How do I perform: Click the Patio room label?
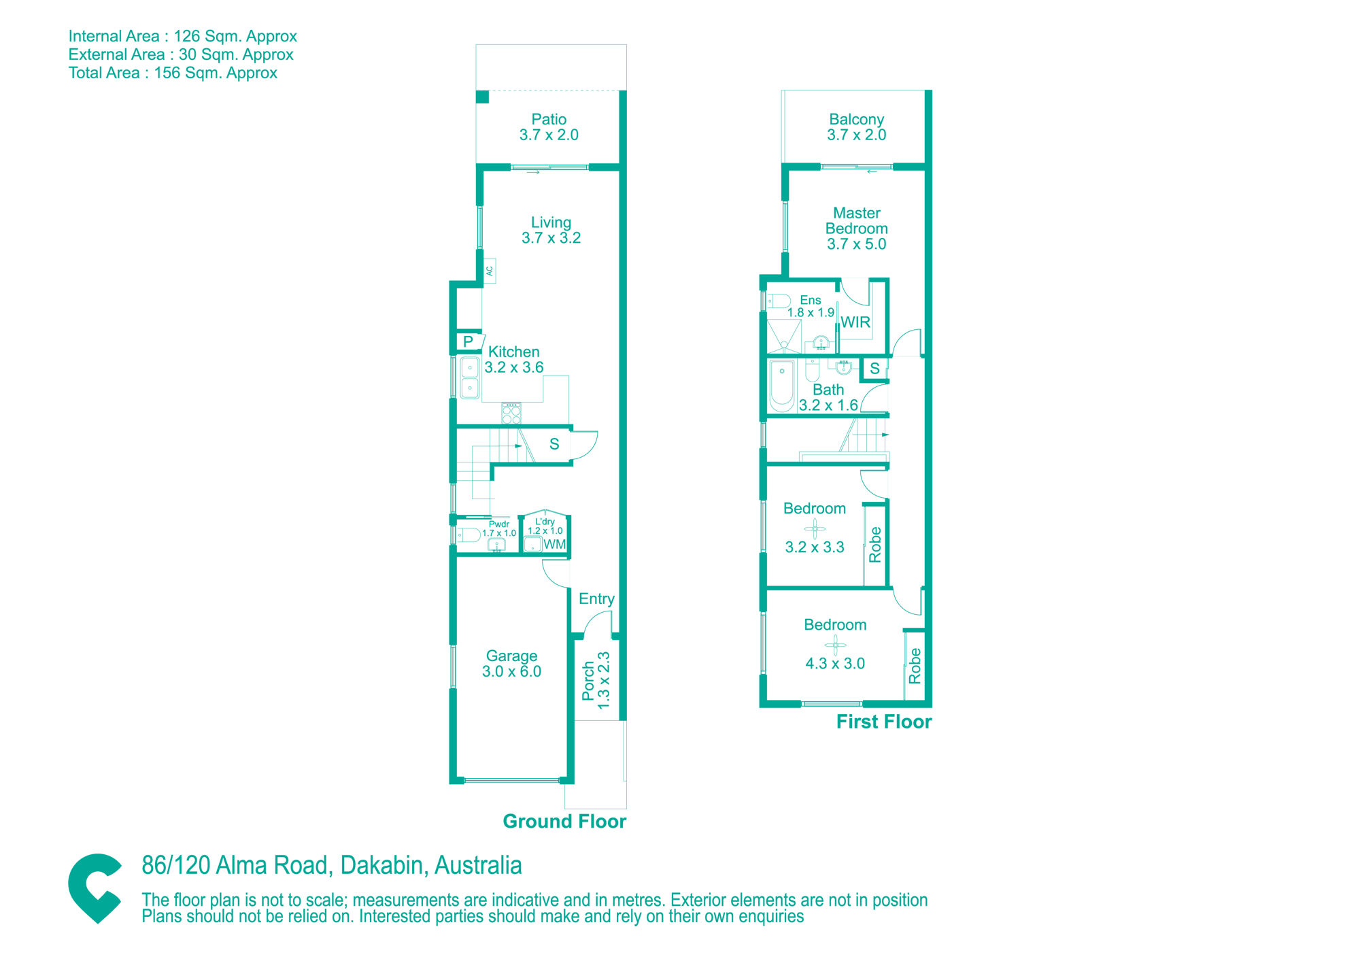tap(549, 120)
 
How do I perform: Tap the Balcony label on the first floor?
tap(856, 120)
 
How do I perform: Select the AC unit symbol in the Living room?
tap(490, 271)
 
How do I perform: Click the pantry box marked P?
tap(469, 341)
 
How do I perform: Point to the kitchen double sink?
tap(470, 377)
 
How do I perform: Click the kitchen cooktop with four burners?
tap(511, 413)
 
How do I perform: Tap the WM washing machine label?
tap(554, 544)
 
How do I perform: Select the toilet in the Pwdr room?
tap(468, 535)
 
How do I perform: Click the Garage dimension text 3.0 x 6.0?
tap(511, 671)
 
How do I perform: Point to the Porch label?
tap(588, 681)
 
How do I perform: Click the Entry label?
tap(596, 598)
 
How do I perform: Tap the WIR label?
tap(855, 322)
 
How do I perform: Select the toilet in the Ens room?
tap(779, 301)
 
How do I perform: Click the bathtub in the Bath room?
tap(782, 386)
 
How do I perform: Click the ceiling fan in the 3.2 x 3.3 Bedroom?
tap(815, 528)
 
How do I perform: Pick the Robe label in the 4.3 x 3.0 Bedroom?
tap(915, 666)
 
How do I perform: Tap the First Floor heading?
tap(884, 722)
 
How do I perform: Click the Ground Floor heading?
tap(564, 822)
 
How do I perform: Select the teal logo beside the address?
tap(95, 888)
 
